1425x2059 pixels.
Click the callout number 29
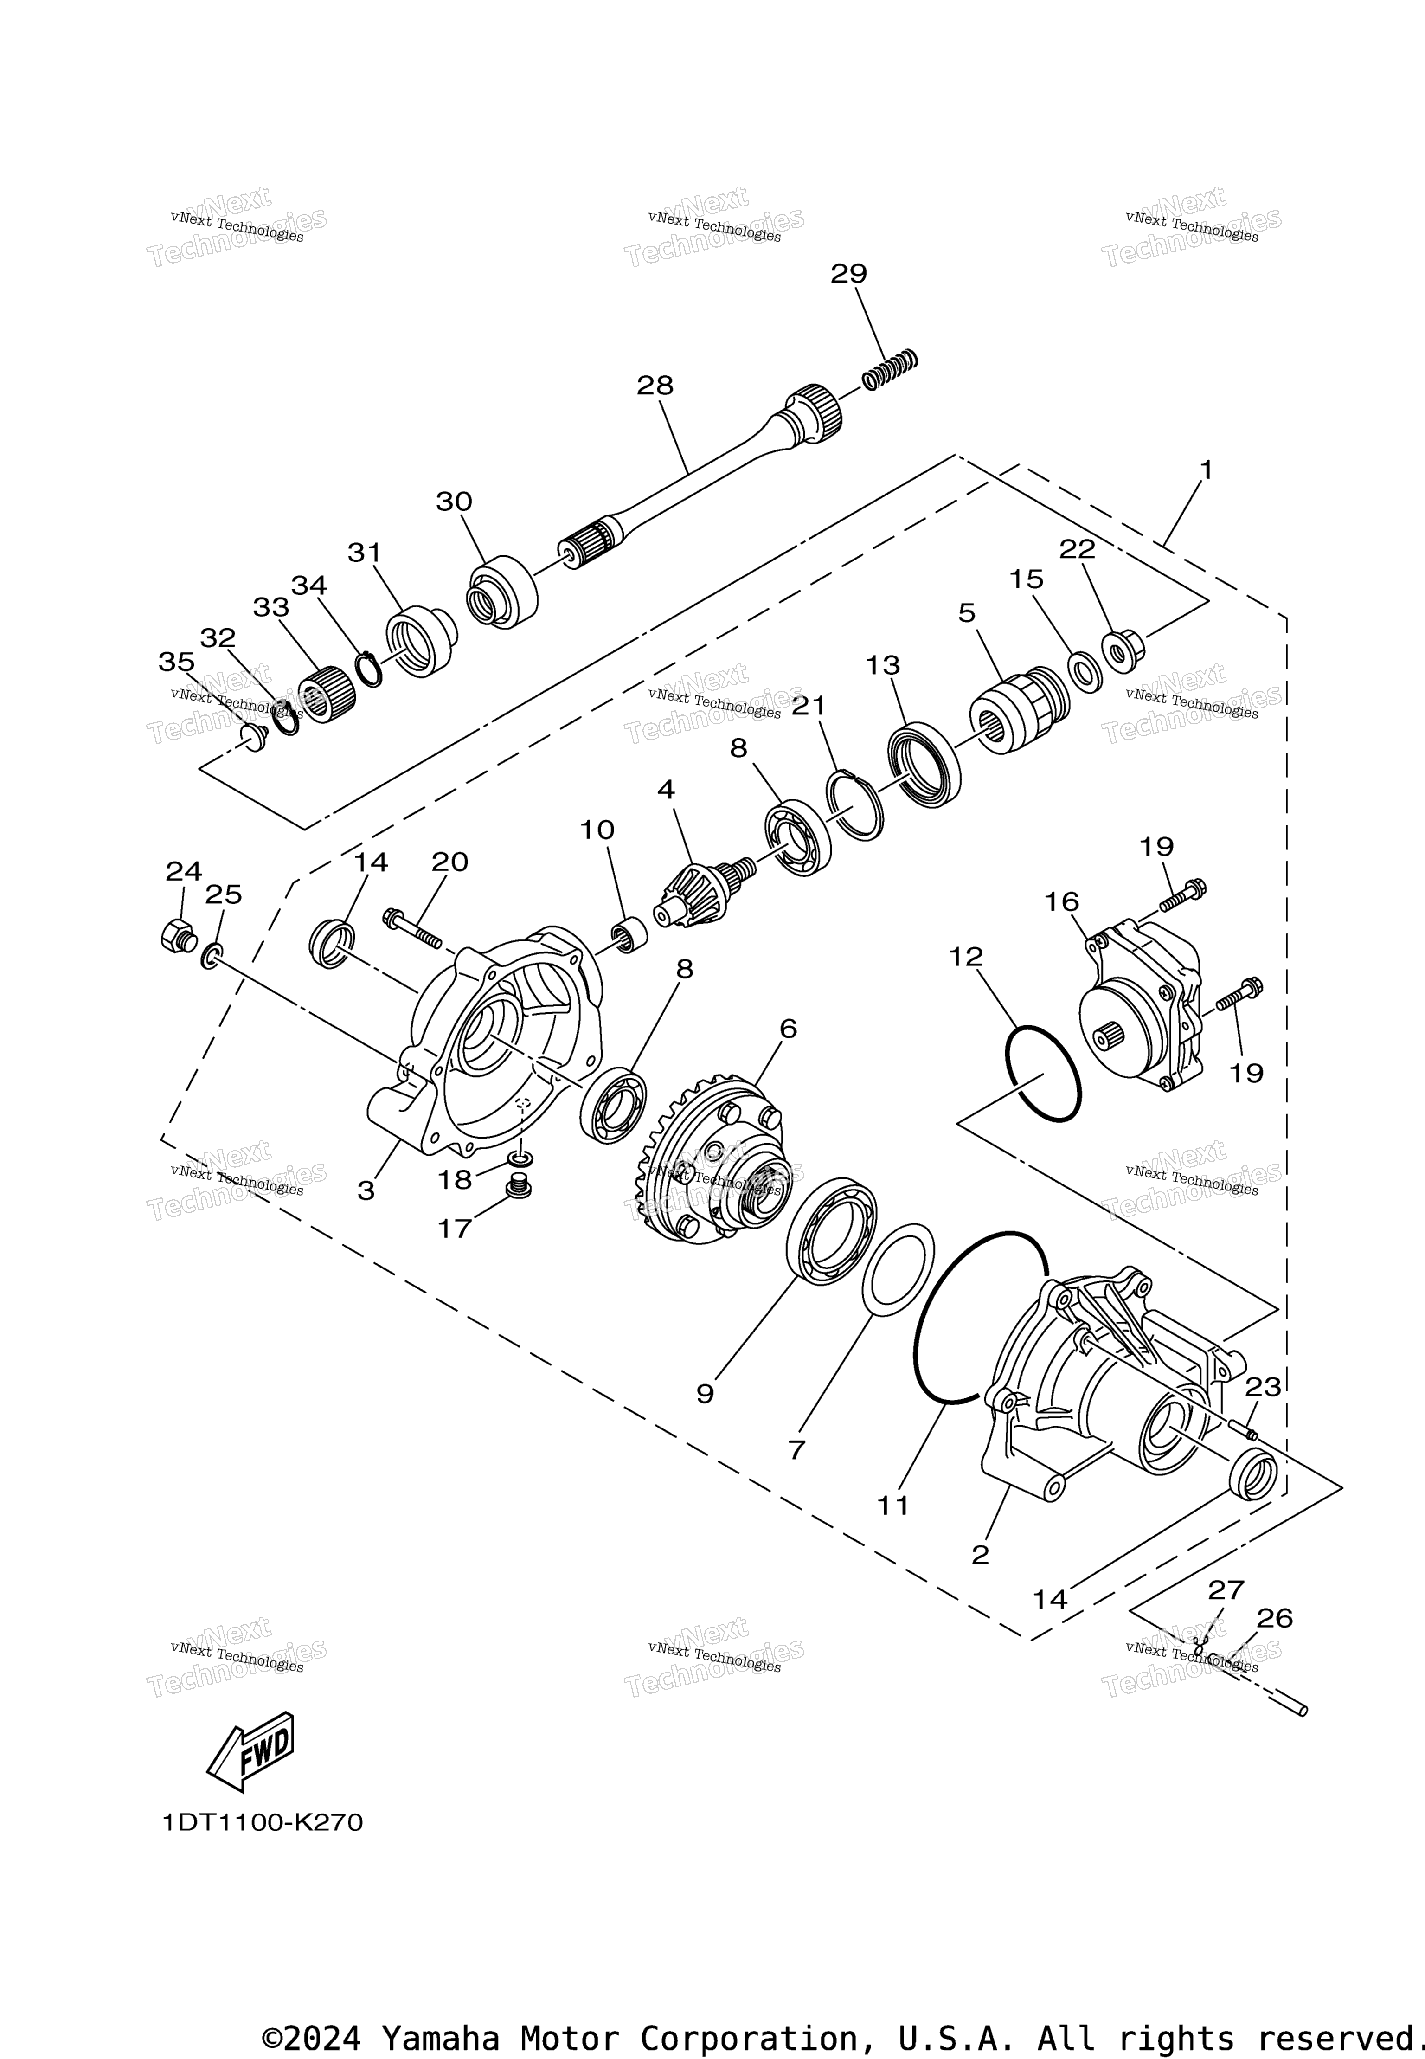[848, 273]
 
